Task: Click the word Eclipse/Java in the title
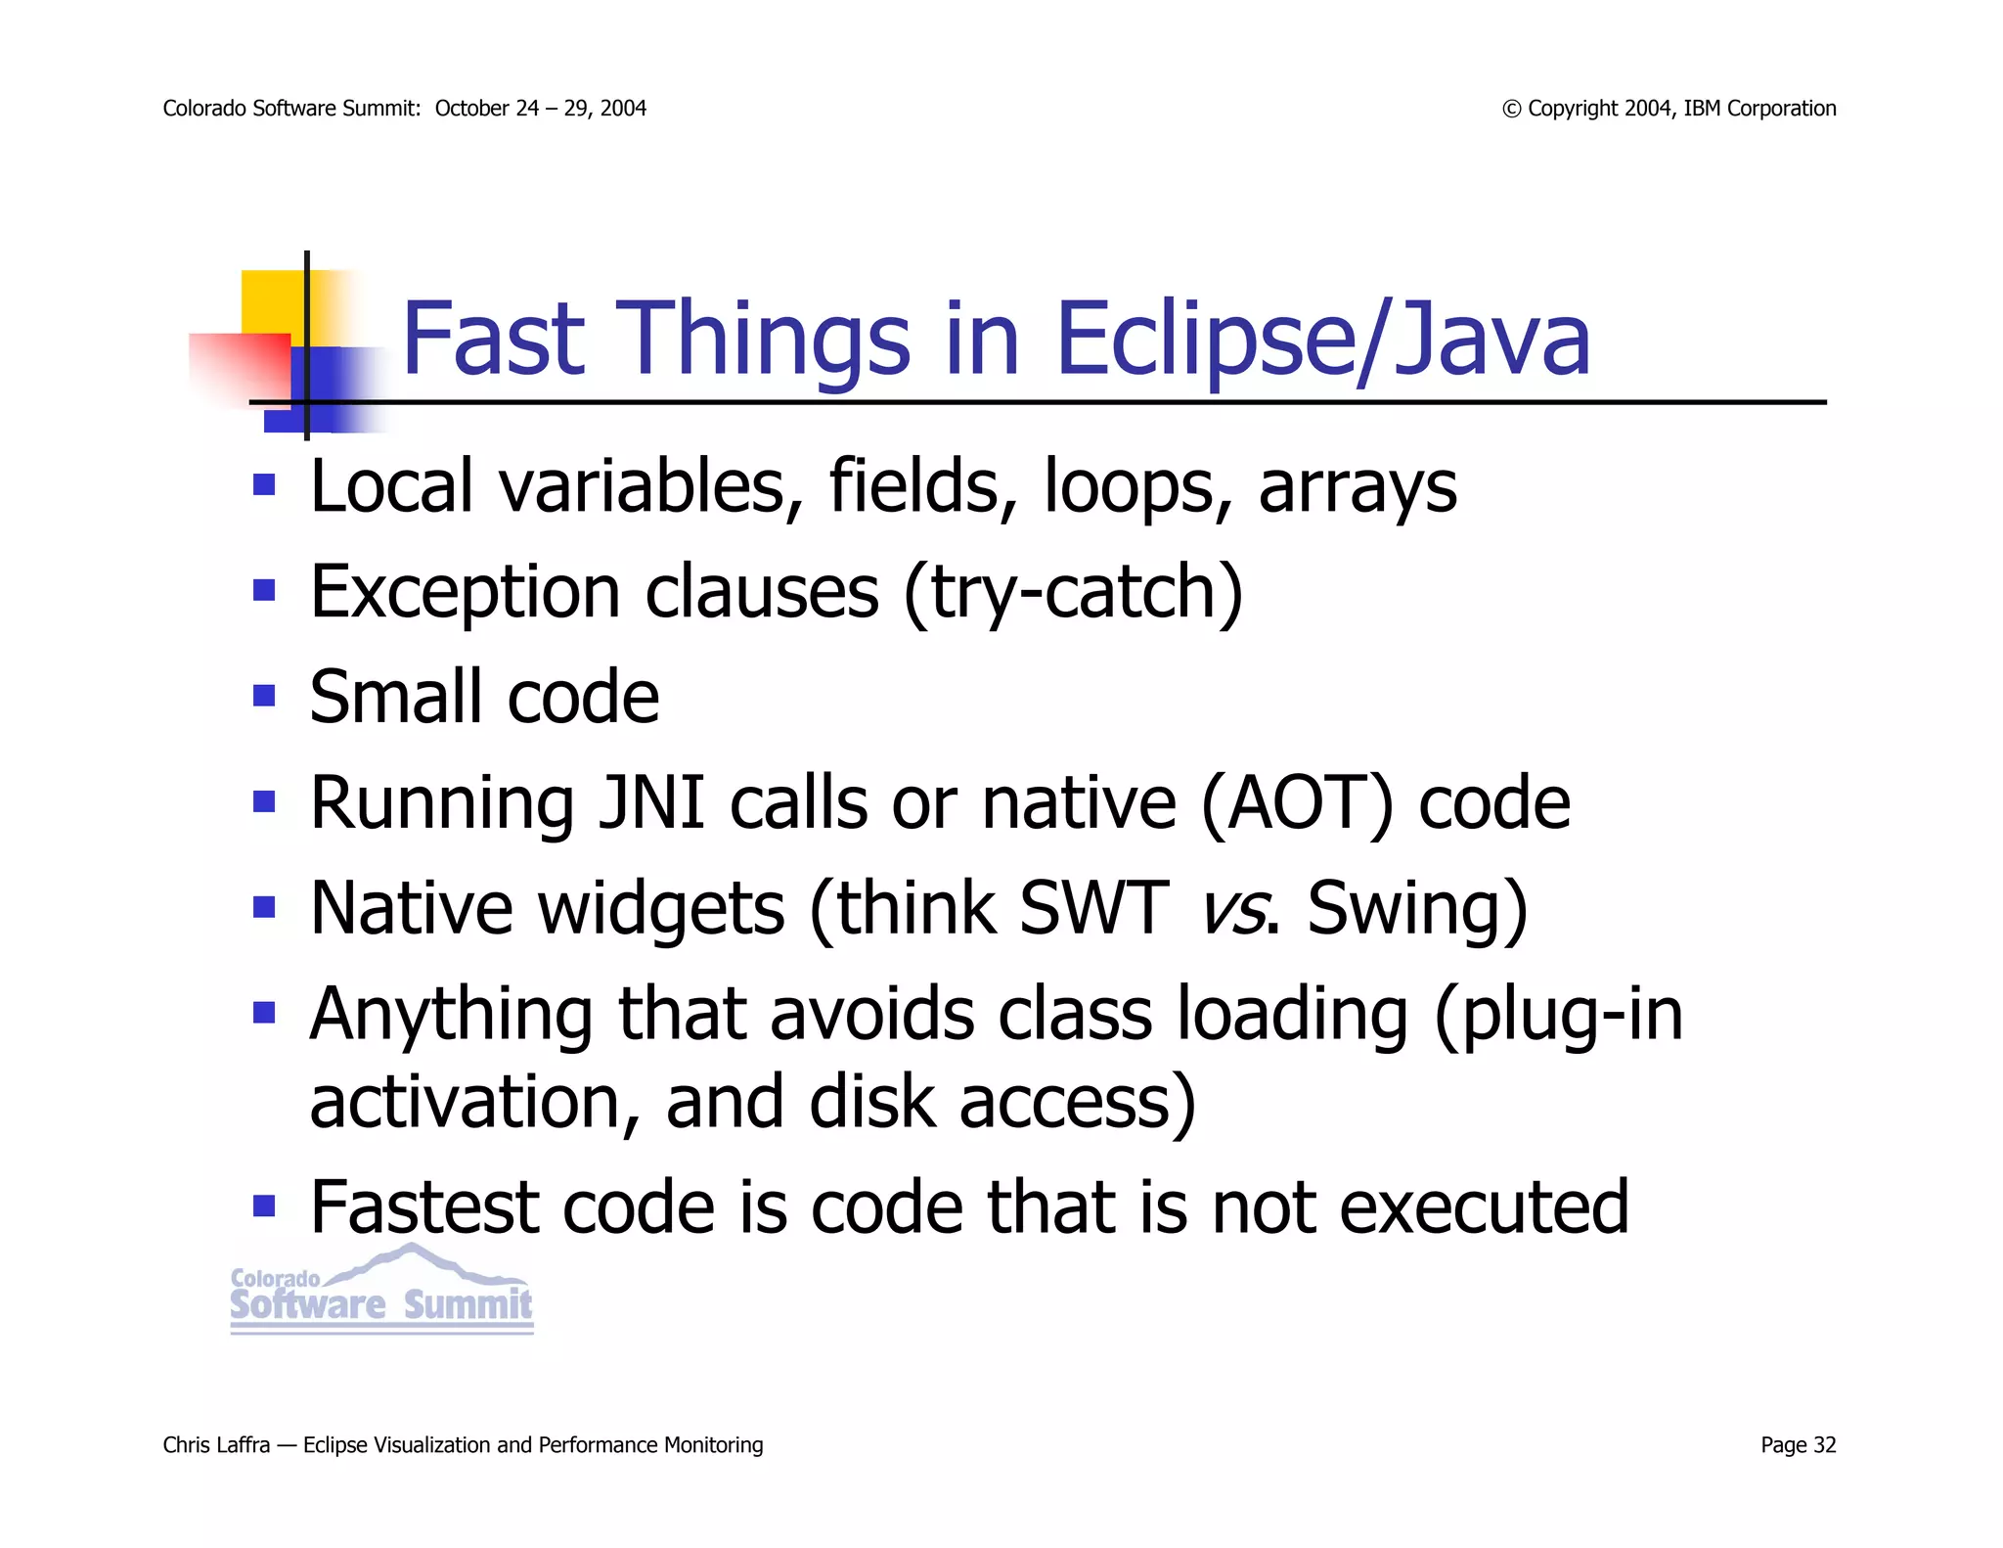1322,339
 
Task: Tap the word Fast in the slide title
494,339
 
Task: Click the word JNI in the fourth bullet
651,802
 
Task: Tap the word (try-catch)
1073,592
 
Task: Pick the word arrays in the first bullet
1358,487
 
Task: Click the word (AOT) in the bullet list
1297,802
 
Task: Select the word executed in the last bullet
1483,1207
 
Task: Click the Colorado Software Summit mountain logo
381,1290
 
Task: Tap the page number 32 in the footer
1824,1445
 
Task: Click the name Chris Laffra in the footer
216,1445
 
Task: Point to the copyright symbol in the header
1512,109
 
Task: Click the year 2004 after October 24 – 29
623,109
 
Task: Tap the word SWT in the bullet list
1093,908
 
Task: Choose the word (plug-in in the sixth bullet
1558,1014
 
